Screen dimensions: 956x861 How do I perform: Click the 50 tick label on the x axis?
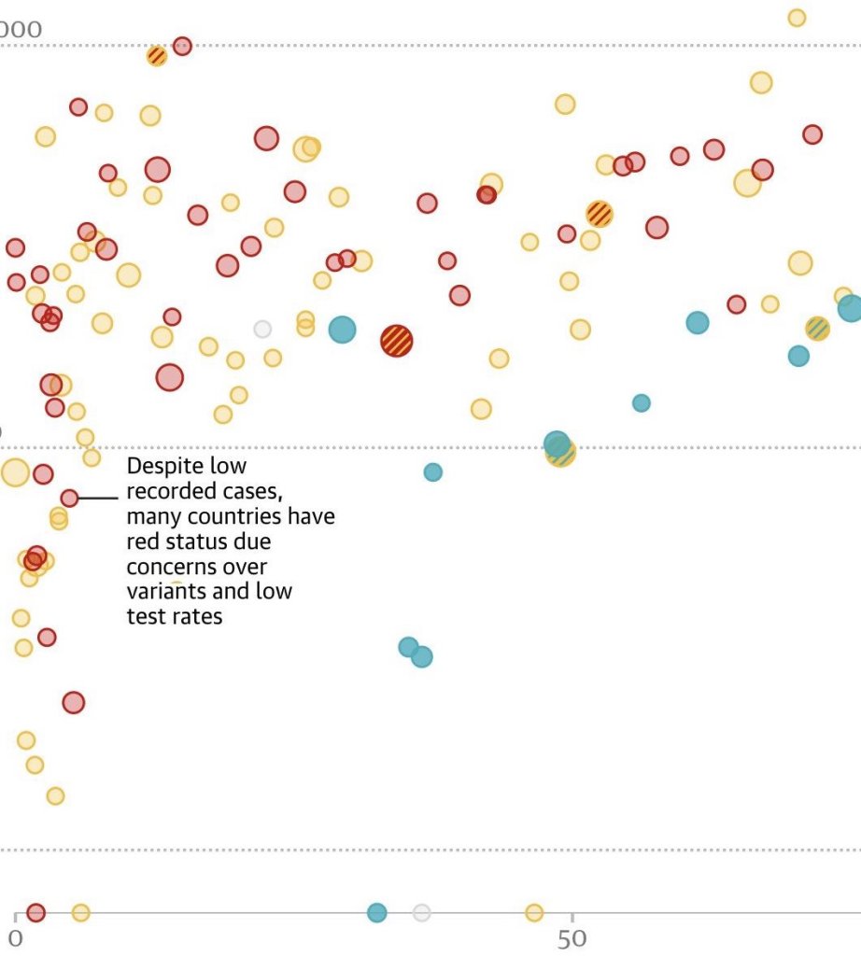click(x=572, y=938)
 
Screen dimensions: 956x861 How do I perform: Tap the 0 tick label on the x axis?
click(x=15, y=938)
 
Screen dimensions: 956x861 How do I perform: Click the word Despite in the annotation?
click(x=160, y=466)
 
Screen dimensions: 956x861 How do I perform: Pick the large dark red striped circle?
click(x=397, y=341)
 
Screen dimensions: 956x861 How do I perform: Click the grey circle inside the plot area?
click(x=262, y=329)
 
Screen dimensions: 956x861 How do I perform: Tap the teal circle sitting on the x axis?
click(x=376, y=912)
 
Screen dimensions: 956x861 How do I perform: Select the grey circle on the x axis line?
click(x=422, y=912)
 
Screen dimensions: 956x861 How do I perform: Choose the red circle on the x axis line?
click(x=35, y=912)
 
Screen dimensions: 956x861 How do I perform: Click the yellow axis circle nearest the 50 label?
click(x=534, y=912)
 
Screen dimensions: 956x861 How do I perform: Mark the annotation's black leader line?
click(x=98, y=499)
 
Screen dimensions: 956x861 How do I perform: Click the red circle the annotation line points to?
click(x=69, y=498)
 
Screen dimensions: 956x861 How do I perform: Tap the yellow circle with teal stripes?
click(x=817, y=328)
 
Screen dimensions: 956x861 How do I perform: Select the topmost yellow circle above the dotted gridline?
click(x=797, y=18)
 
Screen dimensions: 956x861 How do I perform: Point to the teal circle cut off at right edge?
click(x=850, y=307)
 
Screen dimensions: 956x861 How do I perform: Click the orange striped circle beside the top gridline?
click(x=157, y=56)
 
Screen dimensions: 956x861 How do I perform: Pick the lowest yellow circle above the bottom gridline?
click(x=55, y=795)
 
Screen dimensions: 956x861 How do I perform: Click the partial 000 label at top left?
click(x=21, y=30)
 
